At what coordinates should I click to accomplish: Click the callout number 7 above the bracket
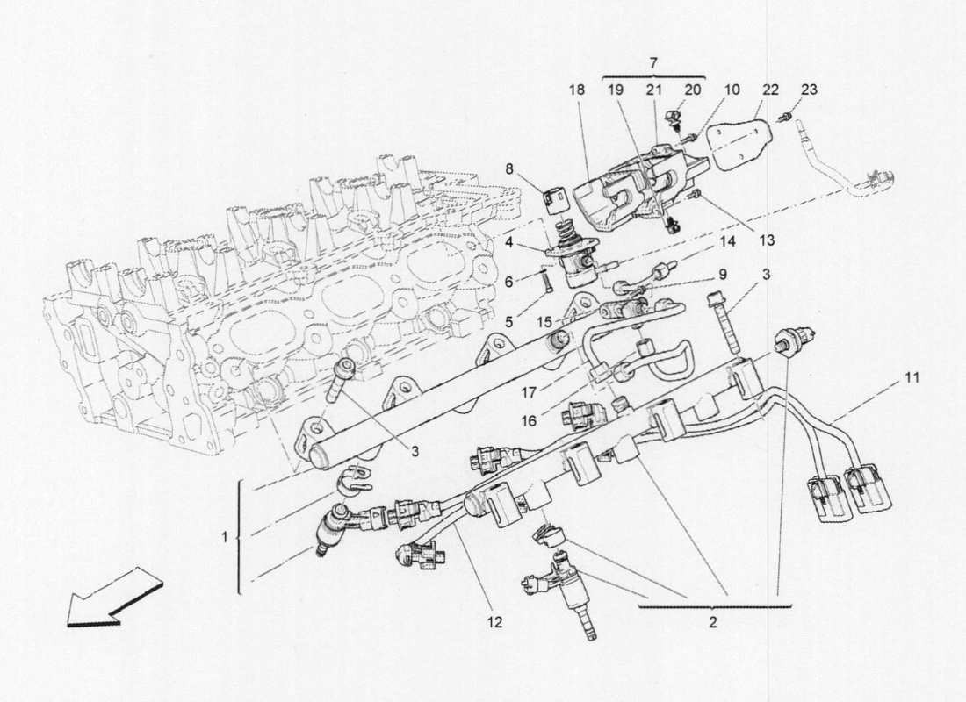tap(654, 64)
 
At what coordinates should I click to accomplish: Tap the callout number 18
tap(577, 90)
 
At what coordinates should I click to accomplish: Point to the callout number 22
tap(770, 90)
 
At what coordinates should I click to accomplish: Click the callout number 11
tap(912, 378)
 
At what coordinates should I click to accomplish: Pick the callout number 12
tap(495, 622)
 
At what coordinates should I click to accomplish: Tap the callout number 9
tap(722, 275)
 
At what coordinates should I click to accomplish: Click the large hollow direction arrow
tap(114, 598)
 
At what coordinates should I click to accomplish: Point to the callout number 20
tap(693, 90)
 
